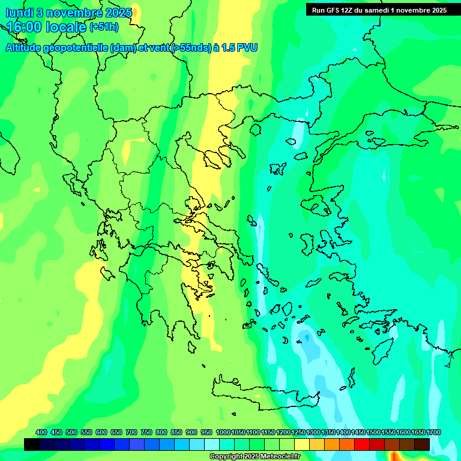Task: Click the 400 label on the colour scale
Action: [x=41, y=432]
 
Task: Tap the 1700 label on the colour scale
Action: [x=418, y=432]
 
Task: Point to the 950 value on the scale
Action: [x=206, y=432]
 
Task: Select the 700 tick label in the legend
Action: [x=131, y=432]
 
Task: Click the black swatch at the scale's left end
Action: [x=32, y=444]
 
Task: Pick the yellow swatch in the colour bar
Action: [x=302, y=444]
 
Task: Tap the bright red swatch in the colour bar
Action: [x=362, y=444]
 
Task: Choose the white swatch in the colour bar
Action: [x=212, y=444]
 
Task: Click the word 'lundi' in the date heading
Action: [x=19, y=13]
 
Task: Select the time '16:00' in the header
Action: [x=28, y=27]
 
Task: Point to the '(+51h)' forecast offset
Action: [x=104, y=27]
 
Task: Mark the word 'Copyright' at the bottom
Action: [x=227, y=457]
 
